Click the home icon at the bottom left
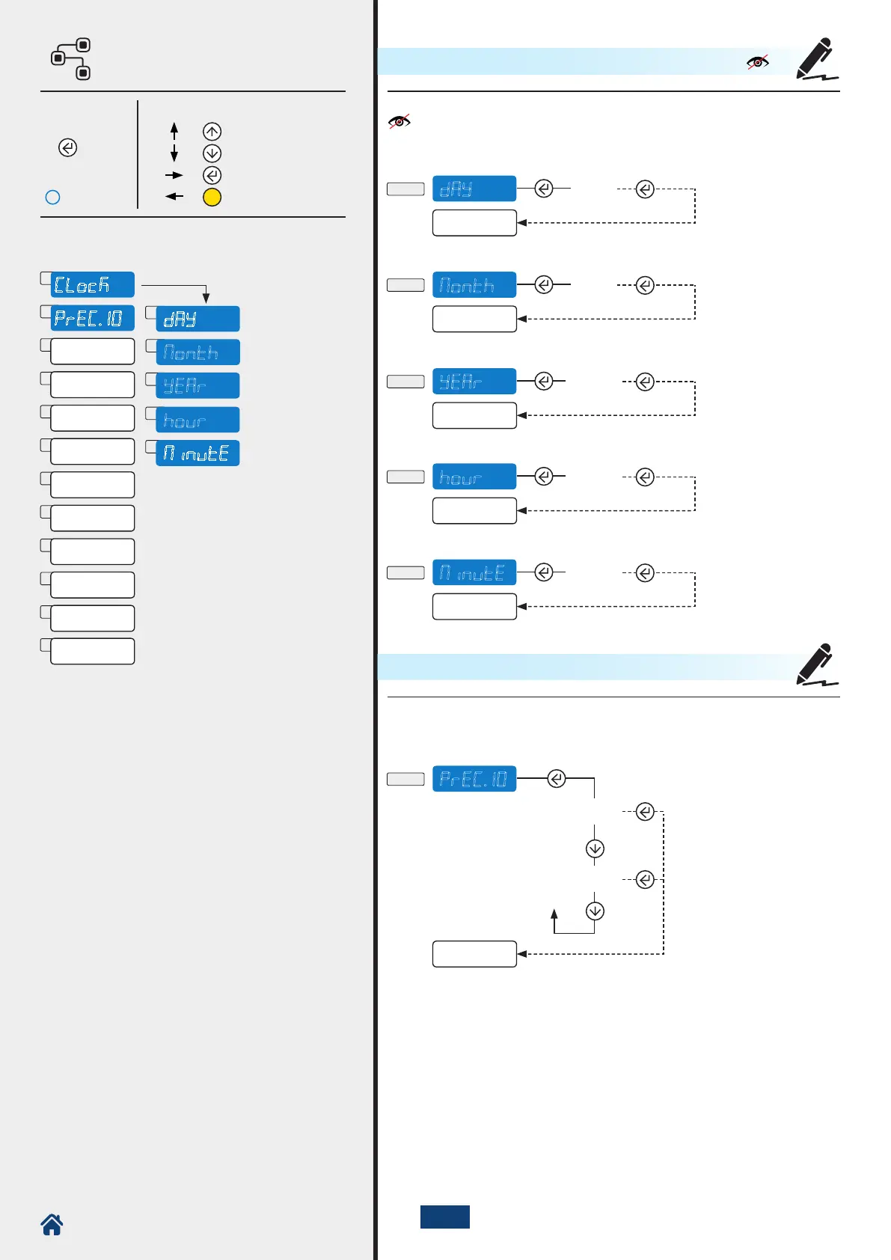coord(52,1225)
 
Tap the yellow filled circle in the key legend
coord(212,198)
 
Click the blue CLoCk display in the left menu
coord(92,285)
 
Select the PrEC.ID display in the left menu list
coord(92,318)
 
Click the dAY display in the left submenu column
coord(198,319)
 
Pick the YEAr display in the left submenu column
coord(198,385)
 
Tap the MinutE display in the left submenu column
coord(198,453)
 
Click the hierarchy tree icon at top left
coord(71,59)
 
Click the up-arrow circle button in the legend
coord(212,132)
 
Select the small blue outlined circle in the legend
coord(53,198)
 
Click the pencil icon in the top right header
coord(816,59)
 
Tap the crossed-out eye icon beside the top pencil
coord(758,62)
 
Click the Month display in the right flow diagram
coord(474,285)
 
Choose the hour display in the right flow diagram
coord(474,477)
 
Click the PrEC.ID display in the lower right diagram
coord(474,779)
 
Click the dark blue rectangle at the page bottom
coord(445,1217)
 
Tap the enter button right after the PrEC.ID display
coord(557,779)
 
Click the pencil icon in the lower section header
coord(816,664)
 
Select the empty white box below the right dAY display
coord(474,223)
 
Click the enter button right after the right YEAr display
coord(544,382)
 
